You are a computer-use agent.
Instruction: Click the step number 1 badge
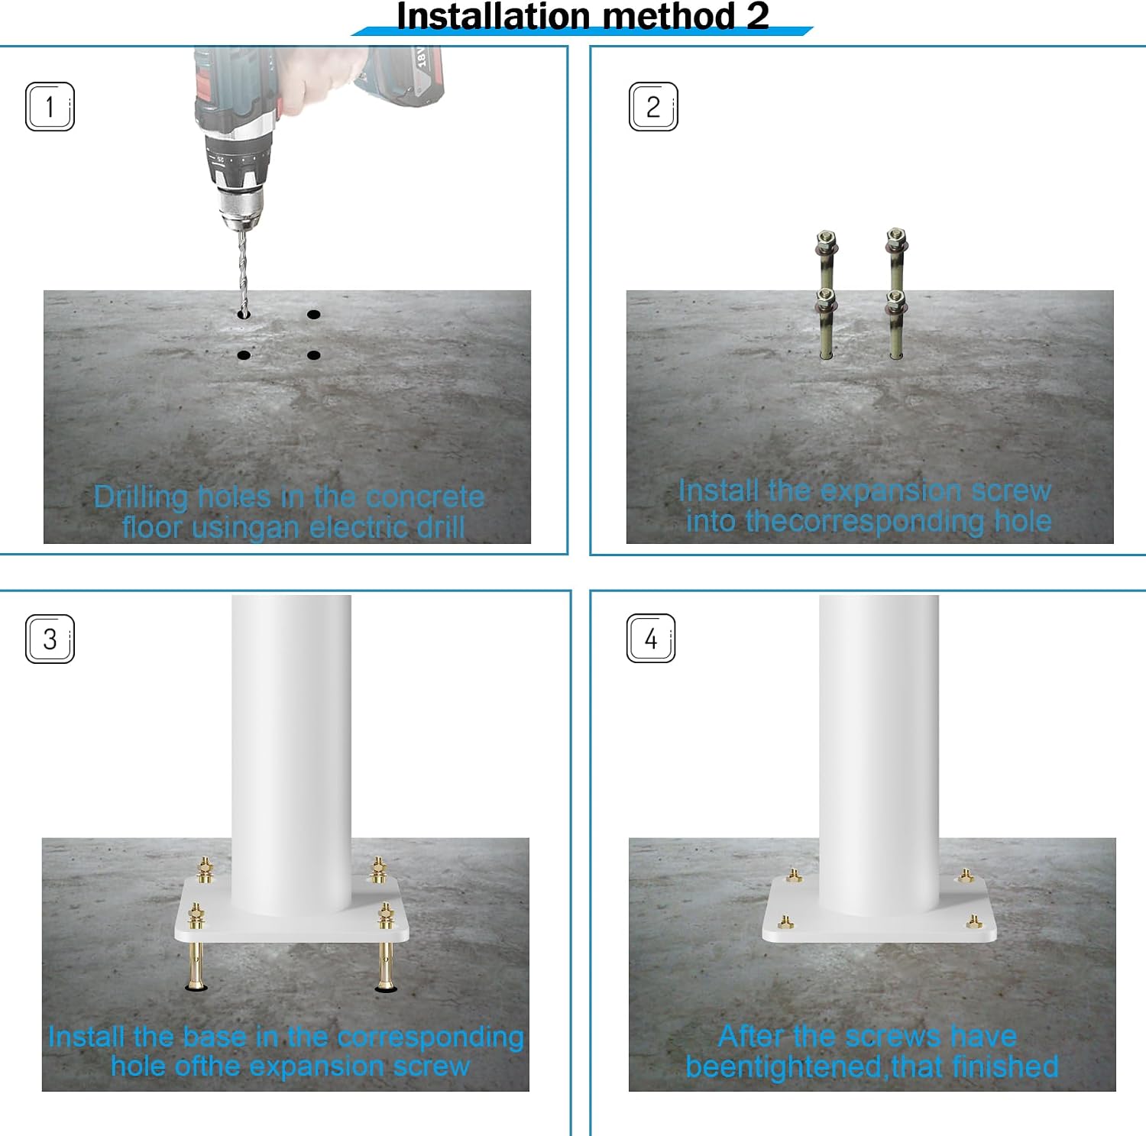pos(50,106)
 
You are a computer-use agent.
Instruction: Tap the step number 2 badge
pos(653,106)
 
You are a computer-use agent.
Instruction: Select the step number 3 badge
pos(50,639)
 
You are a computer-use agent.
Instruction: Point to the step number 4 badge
pos(651,638)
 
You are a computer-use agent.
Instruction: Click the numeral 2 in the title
pos(757,16)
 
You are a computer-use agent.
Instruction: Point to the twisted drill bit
pos(243,272)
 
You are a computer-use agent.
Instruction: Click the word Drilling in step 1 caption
pos(141,497)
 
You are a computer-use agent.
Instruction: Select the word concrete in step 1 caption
pos(425,497)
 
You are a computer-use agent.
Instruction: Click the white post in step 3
pos(291,752)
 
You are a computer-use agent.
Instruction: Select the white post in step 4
pos(879,752)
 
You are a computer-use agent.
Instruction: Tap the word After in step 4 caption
pos(752,1037)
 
